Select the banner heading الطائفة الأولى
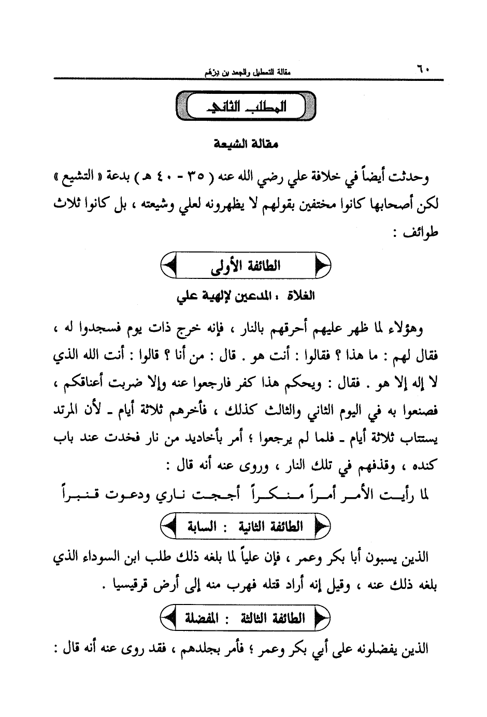[x=246, y=266]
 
